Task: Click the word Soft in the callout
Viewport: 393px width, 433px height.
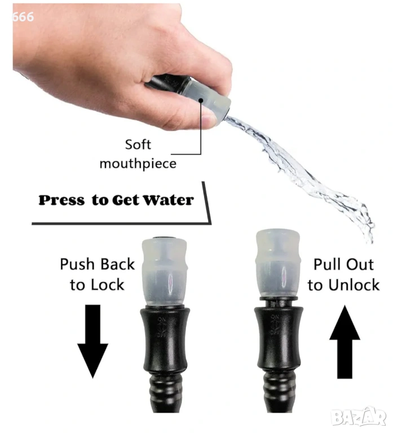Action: (x=138, y=144)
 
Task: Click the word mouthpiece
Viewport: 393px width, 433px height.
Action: (x=138, y=164)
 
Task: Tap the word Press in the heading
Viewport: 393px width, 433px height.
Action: (x=61, y=200)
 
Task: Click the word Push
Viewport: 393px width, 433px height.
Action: (x=77, y=264)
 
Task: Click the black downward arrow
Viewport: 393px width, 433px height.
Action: (x=92, y=341)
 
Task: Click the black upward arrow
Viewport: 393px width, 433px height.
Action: (x=345, y=342)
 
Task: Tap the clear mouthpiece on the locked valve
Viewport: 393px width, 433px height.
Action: (x=165, y=272)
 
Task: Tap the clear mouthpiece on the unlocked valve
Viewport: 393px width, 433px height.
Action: (x=278, y=263)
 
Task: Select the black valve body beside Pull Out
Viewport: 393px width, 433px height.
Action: (x=279, y=338)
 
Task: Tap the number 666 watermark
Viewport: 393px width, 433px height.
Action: (x=23, y=17)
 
